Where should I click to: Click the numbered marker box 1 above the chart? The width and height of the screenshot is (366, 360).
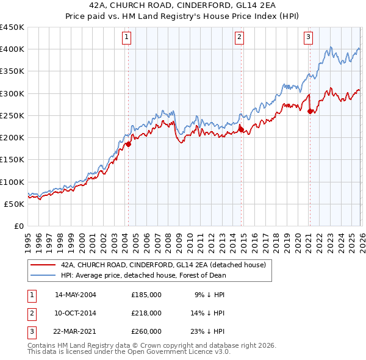click(x=126, y=37)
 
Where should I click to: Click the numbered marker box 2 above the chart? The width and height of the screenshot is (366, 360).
click(x=239, y=37)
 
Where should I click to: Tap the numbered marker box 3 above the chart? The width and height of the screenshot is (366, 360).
click(x=309, y=37)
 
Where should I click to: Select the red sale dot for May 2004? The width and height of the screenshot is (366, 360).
click(x=129, y=144)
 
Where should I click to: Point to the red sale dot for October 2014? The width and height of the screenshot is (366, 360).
click(x=242, y=129)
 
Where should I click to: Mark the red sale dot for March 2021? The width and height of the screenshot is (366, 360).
click(x=310, y=111)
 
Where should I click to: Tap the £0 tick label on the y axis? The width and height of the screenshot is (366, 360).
click(x=18, y=226)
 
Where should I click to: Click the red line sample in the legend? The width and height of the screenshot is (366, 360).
click(x=43, y=265)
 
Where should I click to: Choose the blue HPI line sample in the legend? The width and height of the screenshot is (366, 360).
click(x=43, y=275)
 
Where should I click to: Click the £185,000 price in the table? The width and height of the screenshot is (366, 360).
click(x=146, y=294)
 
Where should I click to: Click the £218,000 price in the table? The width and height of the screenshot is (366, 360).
click(x=146, y=313)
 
